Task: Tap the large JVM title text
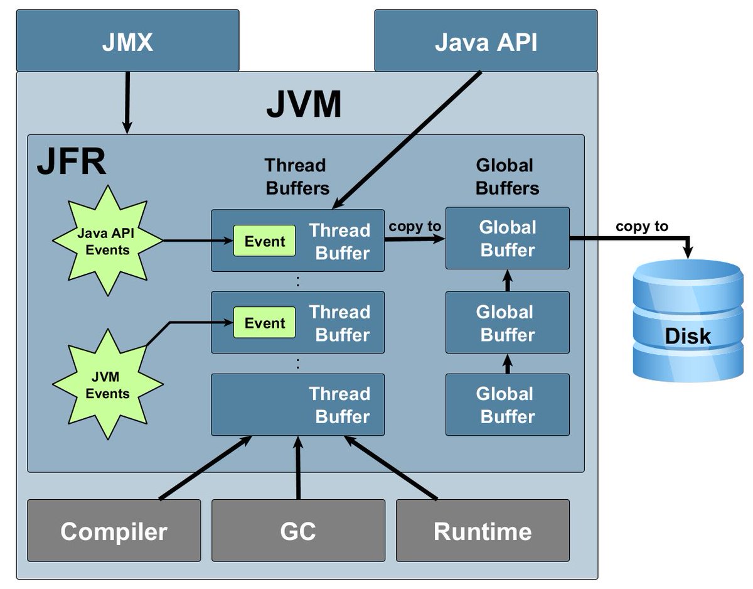click(304, 105)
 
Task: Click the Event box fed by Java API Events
click(264, 241)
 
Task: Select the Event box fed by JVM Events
click(264, 323)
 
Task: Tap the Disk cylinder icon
click(688, 321)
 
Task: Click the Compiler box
click(114, 531)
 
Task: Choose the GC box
click(298, 531)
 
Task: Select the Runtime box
click(483, 531)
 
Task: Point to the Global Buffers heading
click(506, 176)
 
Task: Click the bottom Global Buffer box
click(507, 405)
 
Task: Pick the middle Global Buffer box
click(507, 323)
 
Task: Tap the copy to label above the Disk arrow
click(641, 227)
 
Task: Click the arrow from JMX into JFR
click(127, 102)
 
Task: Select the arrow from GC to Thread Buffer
click(298, 467)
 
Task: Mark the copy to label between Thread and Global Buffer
click(415, 226)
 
